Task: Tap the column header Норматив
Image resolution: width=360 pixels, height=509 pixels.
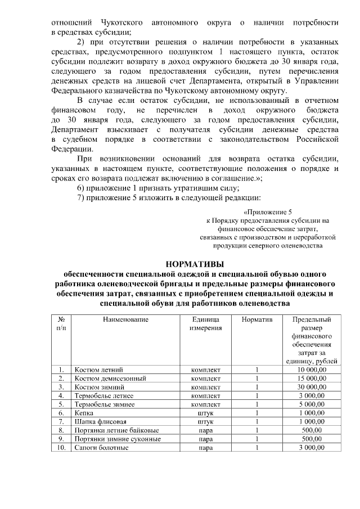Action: tap(256, 319)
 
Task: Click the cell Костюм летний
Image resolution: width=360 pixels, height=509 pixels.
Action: tap(98, 370)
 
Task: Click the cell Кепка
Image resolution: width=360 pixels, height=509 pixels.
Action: tap(84, 413)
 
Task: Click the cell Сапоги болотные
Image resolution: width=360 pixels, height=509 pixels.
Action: tap(101, 448)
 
